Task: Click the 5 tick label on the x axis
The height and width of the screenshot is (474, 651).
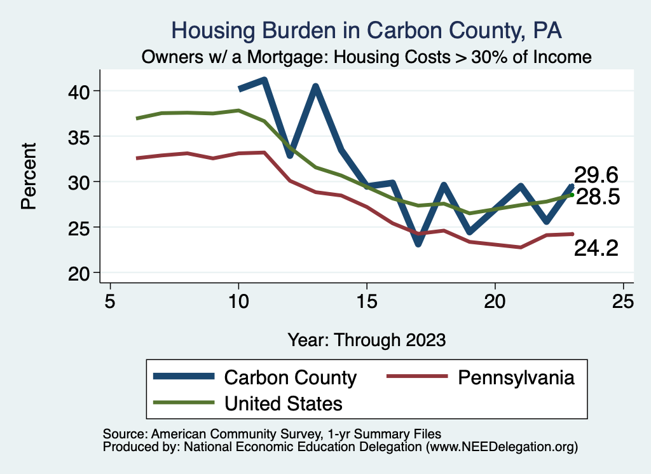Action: (x=111, y=301)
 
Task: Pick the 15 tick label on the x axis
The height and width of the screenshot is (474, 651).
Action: (x=367, y=301)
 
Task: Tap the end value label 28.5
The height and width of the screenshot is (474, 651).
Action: (x=598, y=197)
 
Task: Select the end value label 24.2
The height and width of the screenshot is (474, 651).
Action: (x=596, y=249)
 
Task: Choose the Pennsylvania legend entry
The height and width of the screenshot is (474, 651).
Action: (x=516, y=377)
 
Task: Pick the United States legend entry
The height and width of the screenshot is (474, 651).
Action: (x=284, y=403)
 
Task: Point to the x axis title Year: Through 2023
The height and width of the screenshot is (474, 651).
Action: (x=367, y=339)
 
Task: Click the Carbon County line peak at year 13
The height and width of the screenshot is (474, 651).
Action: (x=315, y=87)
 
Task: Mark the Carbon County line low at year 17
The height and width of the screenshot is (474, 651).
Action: (x=418, y=243)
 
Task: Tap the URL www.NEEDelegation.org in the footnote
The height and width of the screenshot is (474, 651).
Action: (x=502, y=447)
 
